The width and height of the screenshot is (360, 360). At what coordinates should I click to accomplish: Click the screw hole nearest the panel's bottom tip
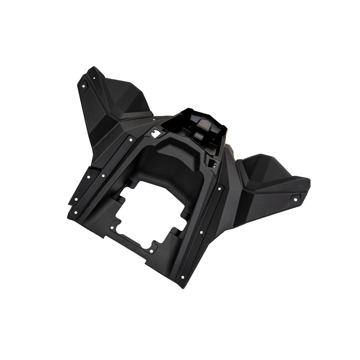[183, 277]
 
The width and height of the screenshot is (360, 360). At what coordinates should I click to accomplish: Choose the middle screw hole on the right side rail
[201, 232]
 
